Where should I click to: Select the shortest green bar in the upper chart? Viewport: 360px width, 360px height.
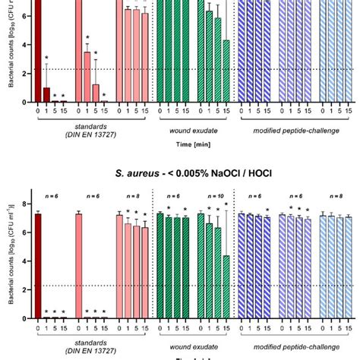coord(226,71)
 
